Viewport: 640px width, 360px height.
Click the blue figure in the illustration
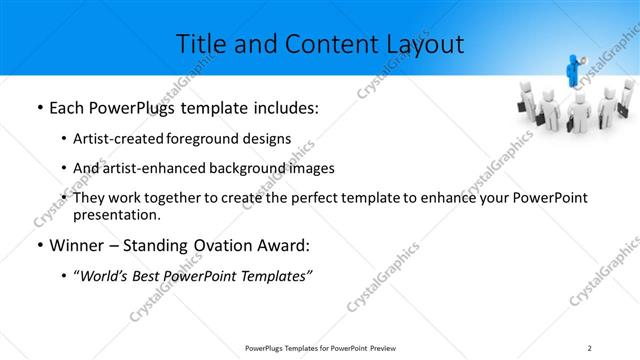tap(574, 71)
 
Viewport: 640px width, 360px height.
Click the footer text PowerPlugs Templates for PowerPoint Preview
tap(319, 347)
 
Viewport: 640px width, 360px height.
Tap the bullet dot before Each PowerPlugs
tap(38, 106)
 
